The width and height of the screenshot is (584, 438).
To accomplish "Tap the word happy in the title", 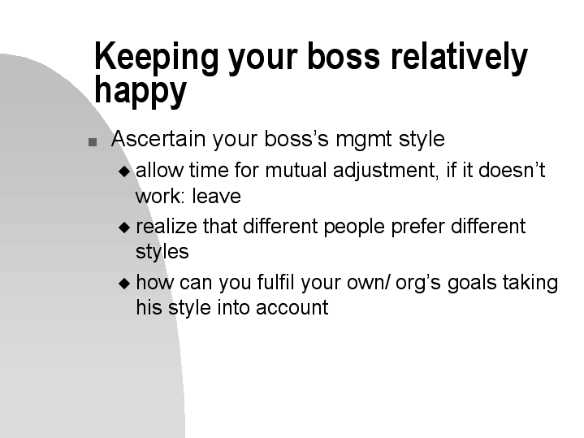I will click(x=141, y=92).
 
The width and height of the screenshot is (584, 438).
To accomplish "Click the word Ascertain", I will click(x=158, y=139).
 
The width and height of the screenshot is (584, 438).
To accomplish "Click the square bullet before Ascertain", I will click(x=93, y=141).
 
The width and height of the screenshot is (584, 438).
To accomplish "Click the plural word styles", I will click(x=162, y=252).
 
